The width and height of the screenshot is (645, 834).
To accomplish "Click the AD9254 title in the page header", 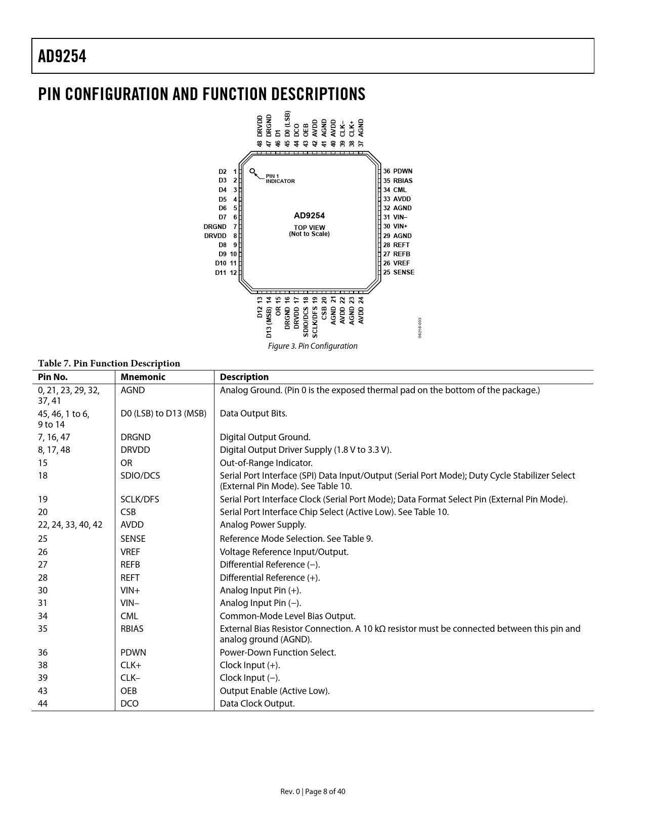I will tap(62, 56).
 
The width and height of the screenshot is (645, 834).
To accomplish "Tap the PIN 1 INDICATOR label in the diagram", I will tap(280, 178).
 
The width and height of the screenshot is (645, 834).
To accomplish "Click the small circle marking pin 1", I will tap(252, 171).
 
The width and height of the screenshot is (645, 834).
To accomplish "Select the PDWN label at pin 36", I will tap(403, 171).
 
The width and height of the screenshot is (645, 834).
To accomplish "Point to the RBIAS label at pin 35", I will tap(403, 180).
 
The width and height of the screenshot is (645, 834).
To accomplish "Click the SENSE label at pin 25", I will tap(404, 272).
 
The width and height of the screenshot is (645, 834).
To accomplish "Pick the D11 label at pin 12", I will tap(221, 272).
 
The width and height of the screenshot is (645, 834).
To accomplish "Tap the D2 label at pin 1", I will tap(223, 171).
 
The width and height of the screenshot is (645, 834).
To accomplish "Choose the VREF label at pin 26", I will tap(402, 263).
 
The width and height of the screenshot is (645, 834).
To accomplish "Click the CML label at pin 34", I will tap(400, 190).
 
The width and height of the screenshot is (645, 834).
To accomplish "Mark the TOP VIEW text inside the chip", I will tap(310, 227).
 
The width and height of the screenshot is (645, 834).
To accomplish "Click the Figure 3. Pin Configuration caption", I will tap(313, 346).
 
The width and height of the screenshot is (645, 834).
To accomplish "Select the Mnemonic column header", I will tap(143, 377).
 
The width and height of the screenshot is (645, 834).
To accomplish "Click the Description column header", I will tap(244, 377).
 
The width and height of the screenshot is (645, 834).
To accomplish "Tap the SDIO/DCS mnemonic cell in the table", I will tap(140, 476).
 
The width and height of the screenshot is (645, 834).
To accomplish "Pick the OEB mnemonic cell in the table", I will tap(128, 691).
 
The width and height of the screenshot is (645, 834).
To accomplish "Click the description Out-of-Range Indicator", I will tap(266, 463).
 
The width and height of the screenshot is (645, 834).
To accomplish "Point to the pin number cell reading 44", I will tap(43, 704).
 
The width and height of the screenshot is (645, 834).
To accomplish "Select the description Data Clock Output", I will tap(257, 704).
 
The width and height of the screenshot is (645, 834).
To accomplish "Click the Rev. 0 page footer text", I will tap(313, 792).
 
